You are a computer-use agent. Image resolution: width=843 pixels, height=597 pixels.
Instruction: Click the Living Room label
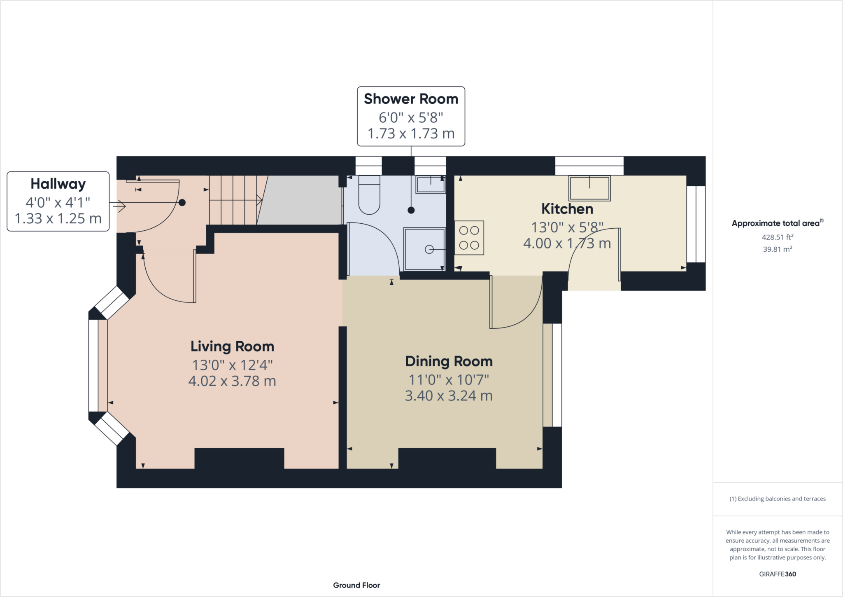(x=232, y=346)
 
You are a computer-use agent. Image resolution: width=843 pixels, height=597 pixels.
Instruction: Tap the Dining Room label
(x=449, y=361)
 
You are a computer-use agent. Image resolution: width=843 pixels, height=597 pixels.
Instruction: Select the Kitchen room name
(x=567, y=209)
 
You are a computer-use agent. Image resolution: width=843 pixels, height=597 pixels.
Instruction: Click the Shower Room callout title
(x=411, y=99)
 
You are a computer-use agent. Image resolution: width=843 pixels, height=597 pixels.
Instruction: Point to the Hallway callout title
(x=58, y=184)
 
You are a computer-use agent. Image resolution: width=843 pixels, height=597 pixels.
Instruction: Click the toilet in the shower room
(x=369, y=195)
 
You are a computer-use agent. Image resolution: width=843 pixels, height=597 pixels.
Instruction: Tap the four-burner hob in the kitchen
(x=469, y=238)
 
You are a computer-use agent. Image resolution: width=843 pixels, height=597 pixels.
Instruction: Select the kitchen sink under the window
(x=589, y=188)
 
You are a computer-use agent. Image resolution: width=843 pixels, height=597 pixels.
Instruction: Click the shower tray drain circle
(x=429, y=249)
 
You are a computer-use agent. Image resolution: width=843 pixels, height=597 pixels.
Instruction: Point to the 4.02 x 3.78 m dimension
(x=232, y=381)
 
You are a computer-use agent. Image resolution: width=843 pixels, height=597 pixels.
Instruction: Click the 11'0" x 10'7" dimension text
(x=449, y=379)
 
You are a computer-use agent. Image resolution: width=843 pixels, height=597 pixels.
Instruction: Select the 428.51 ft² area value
(x=778, y=237)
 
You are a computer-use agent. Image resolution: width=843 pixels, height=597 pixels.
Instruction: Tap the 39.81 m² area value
(x=778, y=249)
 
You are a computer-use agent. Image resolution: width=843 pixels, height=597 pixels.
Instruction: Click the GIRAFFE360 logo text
(x=778, y=574)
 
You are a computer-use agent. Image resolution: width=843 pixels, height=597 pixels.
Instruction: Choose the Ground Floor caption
(x=356, y=585)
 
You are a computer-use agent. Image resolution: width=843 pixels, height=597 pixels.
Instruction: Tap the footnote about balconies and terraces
(x=778, y=499)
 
